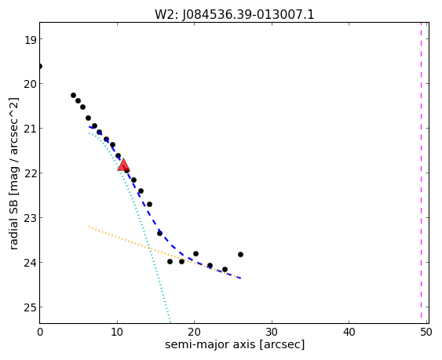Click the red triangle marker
pos(123,165)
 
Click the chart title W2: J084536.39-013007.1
pos(234,15)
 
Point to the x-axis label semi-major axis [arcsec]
pos(235,344)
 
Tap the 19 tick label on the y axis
pos(30,39)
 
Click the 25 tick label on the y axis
pos(30,307)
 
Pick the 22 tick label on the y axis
pos(30,173)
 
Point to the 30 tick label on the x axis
pos(272,332)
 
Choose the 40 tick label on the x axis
pos(349,332)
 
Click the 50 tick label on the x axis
pos(426,332)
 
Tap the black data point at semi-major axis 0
pos(40,66)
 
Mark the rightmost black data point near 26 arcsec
pos(240,254)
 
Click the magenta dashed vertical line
pos(421,173)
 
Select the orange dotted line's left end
pos(89,226)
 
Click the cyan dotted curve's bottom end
pos(170,322)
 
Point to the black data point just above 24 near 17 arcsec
pos(170,261)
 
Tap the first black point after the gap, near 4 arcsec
pos(73,95)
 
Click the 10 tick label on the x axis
pos(117,332)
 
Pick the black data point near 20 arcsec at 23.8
pos(195,253)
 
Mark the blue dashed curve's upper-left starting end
pos(89,127)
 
